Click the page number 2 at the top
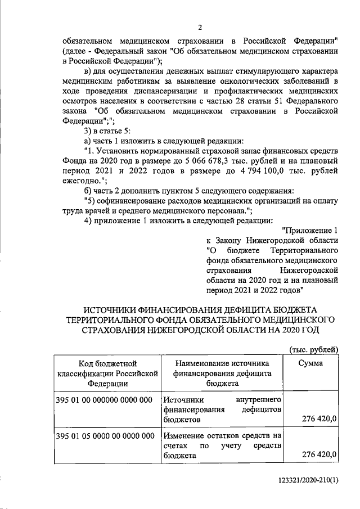[200, 28]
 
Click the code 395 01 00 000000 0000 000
[105, 399]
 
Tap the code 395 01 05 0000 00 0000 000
[105, 436]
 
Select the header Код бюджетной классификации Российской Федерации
[105, 373]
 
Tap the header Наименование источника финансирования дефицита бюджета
[222, 373]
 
